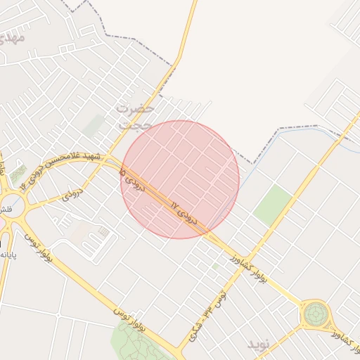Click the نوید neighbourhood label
(258, 345)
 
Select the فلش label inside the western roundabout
(4, 210)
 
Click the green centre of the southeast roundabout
(316, 314)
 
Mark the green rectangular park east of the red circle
(272, 205)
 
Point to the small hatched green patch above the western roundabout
(19, 173)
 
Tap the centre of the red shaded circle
(180, 179)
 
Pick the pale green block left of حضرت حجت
(93, 126)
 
